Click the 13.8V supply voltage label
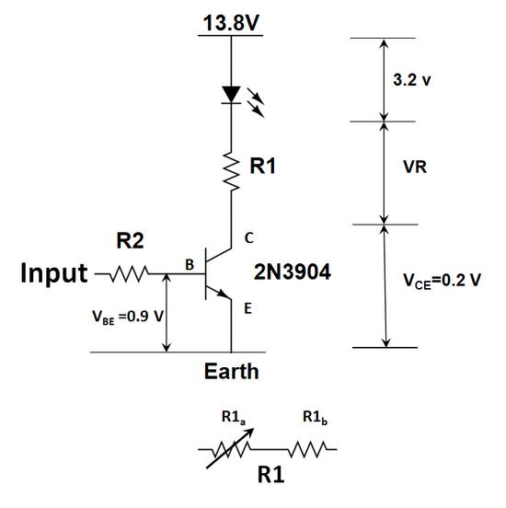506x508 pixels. pyautogui.click(x=231, y=23)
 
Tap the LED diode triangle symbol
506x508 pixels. pyautogui.click(x=231, y=95)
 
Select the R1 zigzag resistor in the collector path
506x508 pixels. pyautogui.click(x=232, y=171)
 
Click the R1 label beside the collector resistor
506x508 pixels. pyautogui.click(x=262, y=167)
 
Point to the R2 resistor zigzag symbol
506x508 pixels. pyautogui.click(x=130, y=274)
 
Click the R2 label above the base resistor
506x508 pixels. pyautogui.click(x=130, y=241)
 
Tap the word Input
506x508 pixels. pyautogui.click(x=53, y=273)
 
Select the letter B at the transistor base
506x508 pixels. pyautogui.click(x=190, y=265)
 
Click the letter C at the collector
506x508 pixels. pyautogui.click(x=248, y=238)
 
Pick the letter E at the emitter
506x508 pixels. pyautogui.click(x=247, y=308)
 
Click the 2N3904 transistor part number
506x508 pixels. pyautogui.click(x=293, y=271)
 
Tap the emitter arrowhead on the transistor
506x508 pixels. pyautogui.click(x=223, y=294)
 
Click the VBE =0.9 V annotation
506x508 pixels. pyautogui.click(x=128, y=317)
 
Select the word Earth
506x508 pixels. pyautogui.click(x=231, y=371)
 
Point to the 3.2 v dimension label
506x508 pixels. pyautogui.click(x=412, y=80)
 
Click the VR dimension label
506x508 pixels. pyautogui.click(x=415, y=167)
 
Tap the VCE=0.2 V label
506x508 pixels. pyautogui.click(x=442, y=281)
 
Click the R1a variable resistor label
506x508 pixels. pyautogui.click(x=234, y=417)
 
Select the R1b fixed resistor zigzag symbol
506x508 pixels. pyautogui.click(x=308, y=450)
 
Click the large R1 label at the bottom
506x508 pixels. pyautogui.click(x=270, y=475)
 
